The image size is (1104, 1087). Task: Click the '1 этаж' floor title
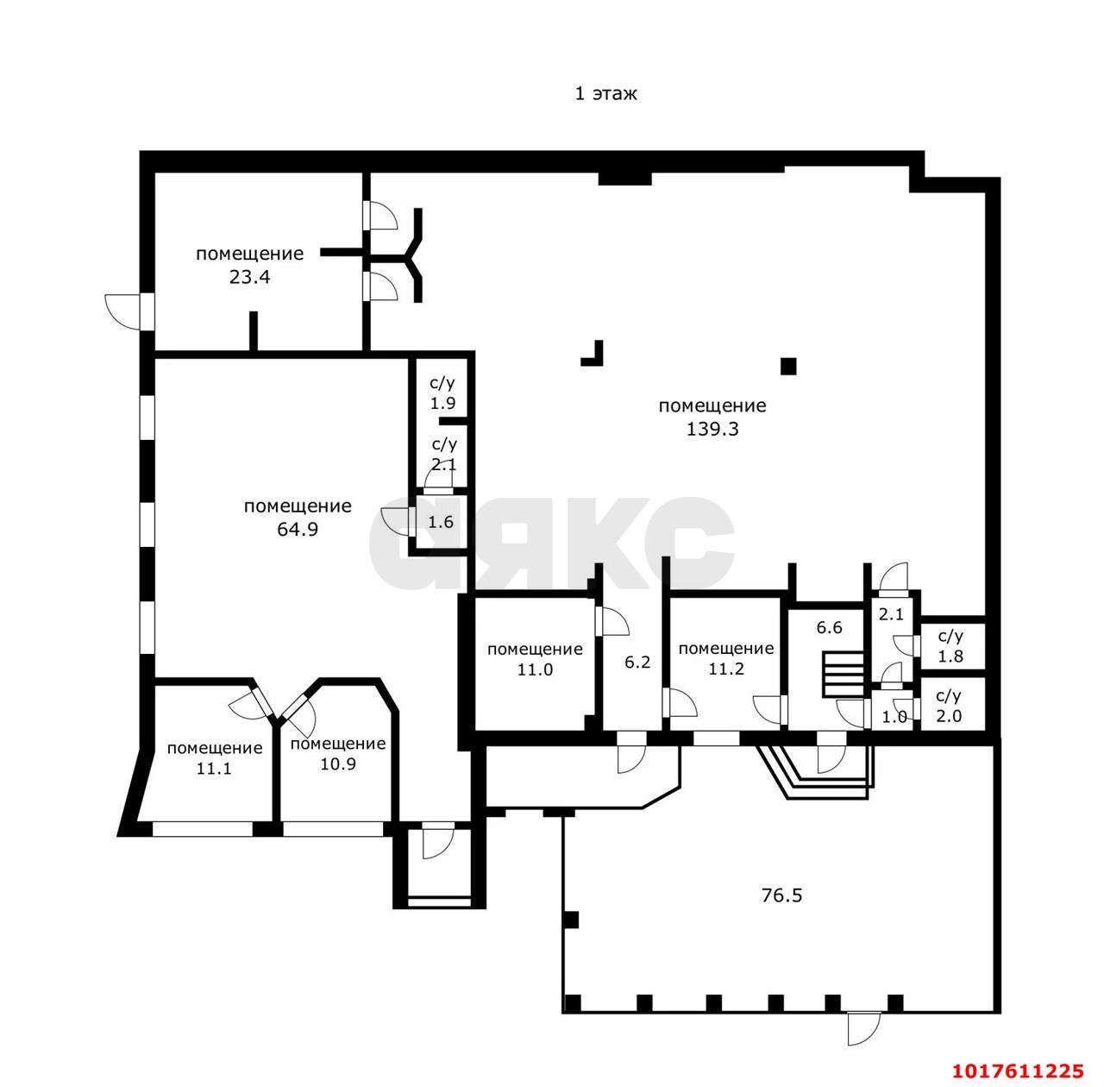pos(606,93)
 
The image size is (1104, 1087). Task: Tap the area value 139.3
pos(712,430)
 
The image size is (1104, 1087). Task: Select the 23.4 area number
pos(250,278)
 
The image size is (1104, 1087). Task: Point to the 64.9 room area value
pos(298,529)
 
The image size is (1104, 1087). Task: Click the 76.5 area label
pos(782,895)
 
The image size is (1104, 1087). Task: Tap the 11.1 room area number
pos(214,769)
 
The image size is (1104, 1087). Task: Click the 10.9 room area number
pos(338,763)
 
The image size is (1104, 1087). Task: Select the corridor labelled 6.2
pos(637,663)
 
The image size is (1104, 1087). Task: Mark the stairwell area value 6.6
pos(830,628)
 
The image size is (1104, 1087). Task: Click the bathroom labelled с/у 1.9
pos(443,393)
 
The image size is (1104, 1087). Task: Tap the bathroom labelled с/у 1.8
pos(950,646)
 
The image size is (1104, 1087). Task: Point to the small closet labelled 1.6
pos(441,522)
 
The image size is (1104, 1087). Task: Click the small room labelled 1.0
pos(894,717)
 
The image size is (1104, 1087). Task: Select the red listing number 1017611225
pos(1019,1071)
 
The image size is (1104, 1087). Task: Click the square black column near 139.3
pos(789,366)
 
